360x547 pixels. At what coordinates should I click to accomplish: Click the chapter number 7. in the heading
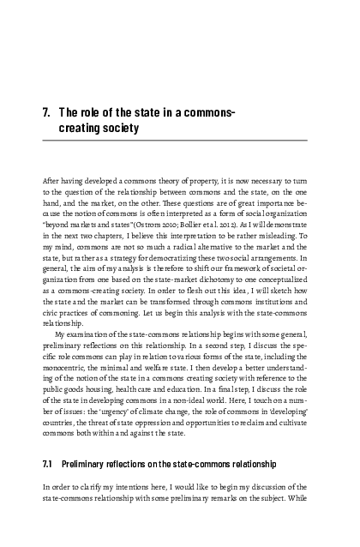pyautogui.click(x=48, y=113)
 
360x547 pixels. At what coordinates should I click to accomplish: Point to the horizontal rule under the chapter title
pyautogui.click(x=179, y=141)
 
